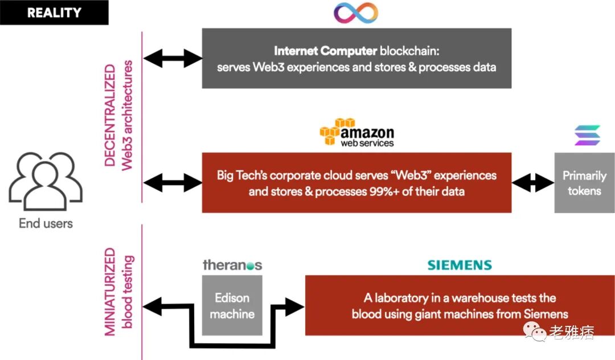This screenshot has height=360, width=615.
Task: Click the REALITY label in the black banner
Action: pyautogui.click(x=54, y=12)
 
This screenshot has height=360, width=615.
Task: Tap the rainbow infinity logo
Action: pyautogui.click(x=356, y=13)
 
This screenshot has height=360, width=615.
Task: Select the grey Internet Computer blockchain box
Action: pyautogui.click(x=356, y=59)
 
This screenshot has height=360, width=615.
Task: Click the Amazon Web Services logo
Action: pyautogui.click(x=356, y=132)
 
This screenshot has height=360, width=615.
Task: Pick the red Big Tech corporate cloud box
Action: pyautogui.click(x=356, y=182)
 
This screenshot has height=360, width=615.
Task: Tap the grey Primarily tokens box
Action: pyautogui.click(x=584, y=183)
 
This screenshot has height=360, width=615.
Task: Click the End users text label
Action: pyautogui.click(x=46, y=223)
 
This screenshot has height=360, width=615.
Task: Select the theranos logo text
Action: pyautogui.click(x=232, y=265)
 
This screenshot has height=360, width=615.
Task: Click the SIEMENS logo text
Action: pyautogui.click(x=460, y=265)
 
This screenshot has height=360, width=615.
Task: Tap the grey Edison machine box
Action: pyautogui.click(x=232, y=305)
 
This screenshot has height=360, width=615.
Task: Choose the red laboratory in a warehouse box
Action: pyautogui.click(x=460, y=305)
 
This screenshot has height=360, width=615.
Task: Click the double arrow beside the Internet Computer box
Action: pyautogui.click(x=173, y=58)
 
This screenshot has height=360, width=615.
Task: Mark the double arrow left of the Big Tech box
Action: pyautogui.click(x=173, y=183)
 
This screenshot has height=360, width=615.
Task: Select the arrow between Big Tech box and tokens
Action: pyautogui.click(x=533, y=183)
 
